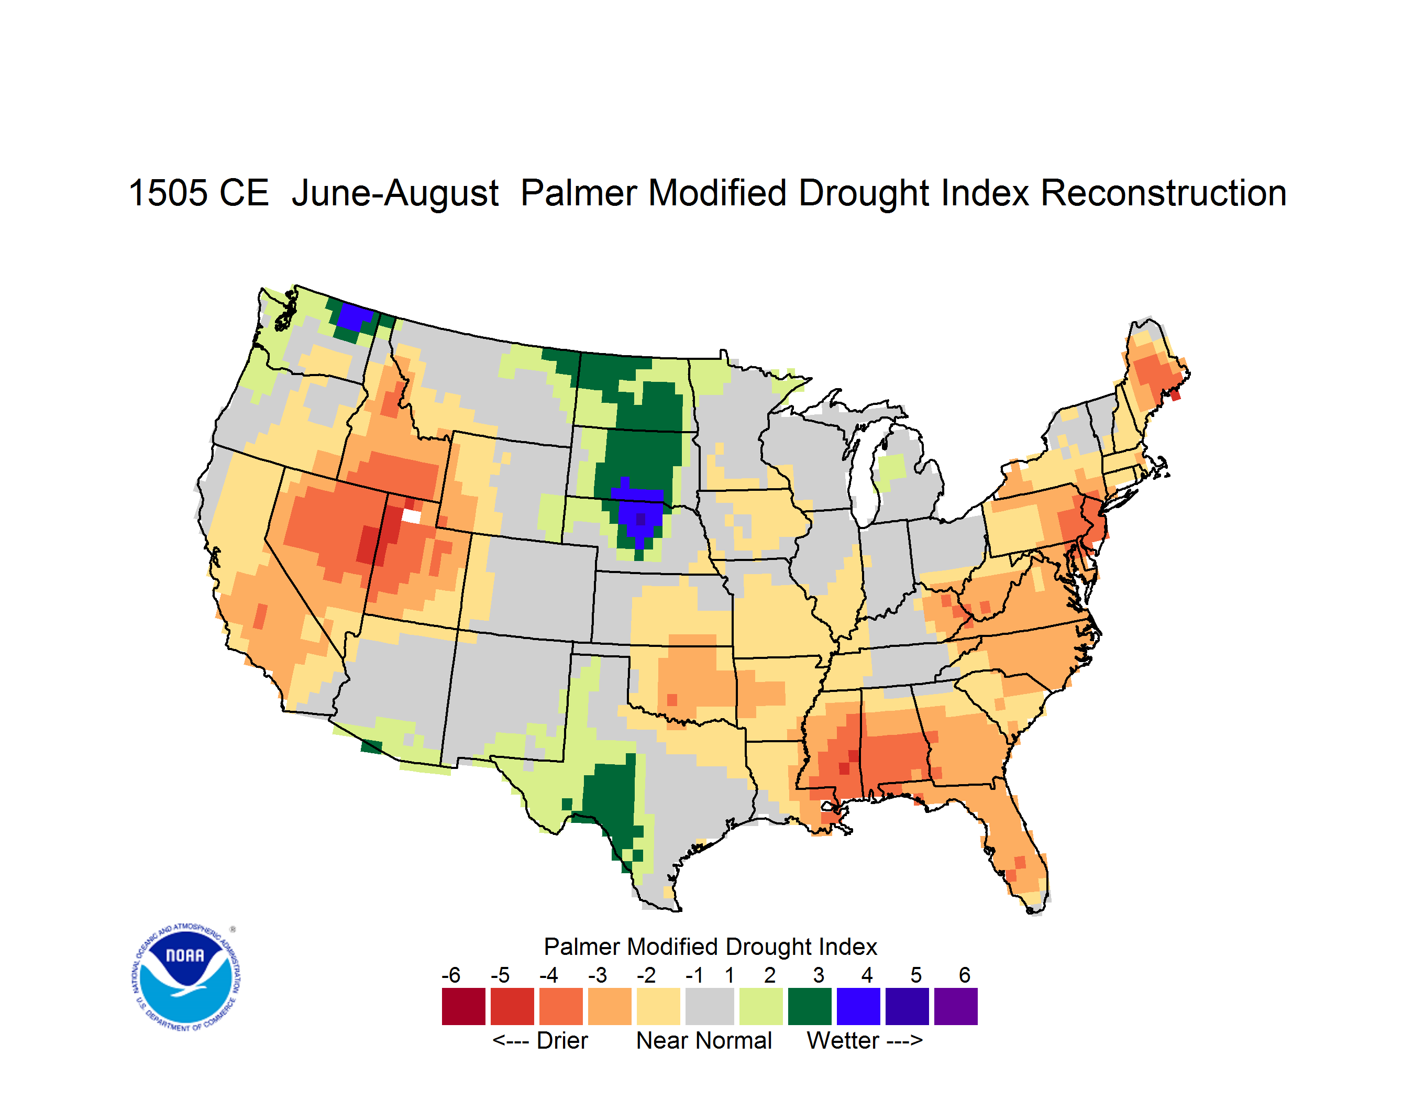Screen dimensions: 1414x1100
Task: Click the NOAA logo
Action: coord(186,977)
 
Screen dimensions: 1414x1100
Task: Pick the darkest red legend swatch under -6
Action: coord(463,1006)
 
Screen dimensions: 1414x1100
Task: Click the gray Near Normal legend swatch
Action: coord(710,1006)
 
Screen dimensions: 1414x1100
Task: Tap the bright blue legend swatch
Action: coord(858,1006)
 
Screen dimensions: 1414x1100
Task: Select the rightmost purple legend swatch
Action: coord(956,1006)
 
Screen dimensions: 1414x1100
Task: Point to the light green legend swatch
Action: coord(761,1006)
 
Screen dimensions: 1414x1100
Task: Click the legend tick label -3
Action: coord(598,974)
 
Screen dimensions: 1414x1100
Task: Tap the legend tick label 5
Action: coord(916,974)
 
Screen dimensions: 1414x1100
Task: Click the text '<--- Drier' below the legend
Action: coord(540,1040)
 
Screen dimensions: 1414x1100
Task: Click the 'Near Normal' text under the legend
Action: coord(704,1040)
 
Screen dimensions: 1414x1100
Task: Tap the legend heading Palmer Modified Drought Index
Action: coord(710,947)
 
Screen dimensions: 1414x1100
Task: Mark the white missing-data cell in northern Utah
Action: coord(412,516)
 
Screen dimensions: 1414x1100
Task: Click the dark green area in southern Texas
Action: coord(611,803)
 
